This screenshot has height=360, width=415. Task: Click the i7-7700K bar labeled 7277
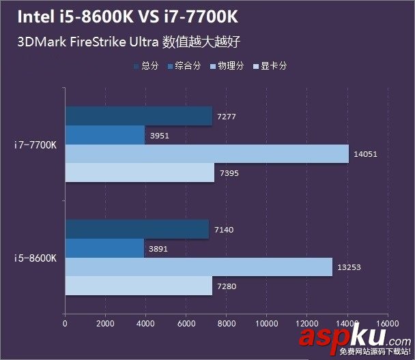tap(139, 116)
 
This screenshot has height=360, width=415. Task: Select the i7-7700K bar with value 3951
tap(104, 135)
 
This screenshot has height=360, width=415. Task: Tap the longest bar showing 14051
tap(207, 154)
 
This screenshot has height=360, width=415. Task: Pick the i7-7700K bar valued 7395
tap(140, 172)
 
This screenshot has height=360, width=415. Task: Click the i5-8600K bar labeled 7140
tap(137, 229)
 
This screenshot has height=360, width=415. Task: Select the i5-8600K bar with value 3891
tap(104, 248)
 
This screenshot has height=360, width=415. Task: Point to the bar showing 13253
tap(199, 267)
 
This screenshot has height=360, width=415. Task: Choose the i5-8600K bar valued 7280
tap(139, 286)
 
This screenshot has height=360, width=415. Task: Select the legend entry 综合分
tap(184, 66)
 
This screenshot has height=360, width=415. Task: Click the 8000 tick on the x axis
tap(227, 323)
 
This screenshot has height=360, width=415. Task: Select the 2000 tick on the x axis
tap(105, 323)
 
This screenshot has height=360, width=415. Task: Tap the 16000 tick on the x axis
tap(387, 323)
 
